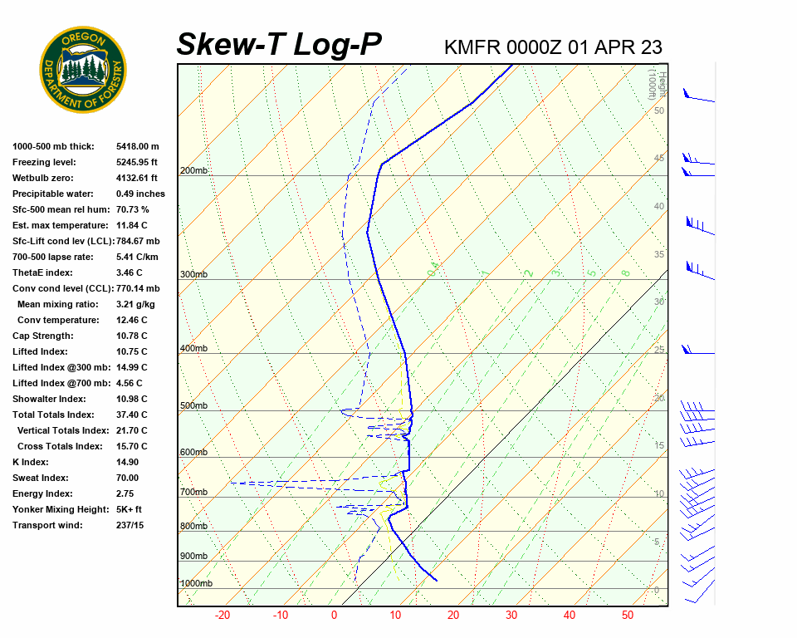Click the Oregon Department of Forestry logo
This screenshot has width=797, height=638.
tap(83, 70)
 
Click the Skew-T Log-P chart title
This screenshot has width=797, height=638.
tap(279, 44)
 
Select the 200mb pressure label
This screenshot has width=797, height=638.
tap(194, 171)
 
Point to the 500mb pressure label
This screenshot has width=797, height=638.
tap(194, 406)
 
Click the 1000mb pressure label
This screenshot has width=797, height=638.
tap(197, 584)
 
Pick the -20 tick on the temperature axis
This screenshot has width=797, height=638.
tap(222, 616)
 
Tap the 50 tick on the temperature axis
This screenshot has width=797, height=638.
tap(627, 616)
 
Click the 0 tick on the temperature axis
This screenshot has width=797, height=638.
tap(334, 616)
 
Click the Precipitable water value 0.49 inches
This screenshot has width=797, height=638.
tap(140, 194)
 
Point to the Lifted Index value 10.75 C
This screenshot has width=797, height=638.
tap(131, 351)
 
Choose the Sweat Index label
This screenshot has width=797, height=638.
tap(41, 478)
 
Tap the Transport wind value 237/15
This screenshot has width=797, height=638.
tap(130, 525)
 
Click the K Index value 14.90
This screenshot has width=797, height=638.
tap(128, 462)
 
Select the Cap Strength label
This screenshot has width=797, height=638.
tap(42, 336)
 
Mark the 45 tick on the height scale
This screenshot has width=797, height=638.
tap(659, 159)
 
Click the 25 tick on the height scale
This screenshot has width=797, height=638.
tap(659, 350)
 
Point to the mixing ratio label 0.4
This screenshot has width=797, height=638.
tap(433, 271)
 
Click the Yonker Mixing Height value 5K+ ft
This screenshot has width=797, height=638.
tap(129, 509)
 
